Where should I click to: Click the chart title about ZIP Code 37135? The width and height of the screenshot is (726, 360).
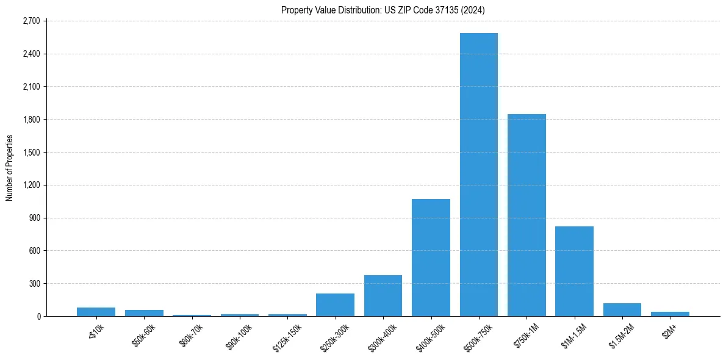tap(383, 10)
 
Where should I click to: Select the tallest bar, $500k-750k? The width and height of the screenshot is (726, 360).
tap(479, 175)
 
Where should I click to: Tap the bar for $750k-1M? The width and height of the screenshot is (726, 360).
tap(527, 215)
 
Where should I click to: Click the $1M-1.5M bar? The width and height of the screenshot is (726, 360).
tap(574, 271)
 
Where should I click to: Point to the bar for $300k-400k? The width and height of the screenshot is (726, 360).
tap(383, 296)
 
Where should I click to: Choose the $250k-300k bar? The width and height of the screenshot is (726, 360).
tap(335, 305)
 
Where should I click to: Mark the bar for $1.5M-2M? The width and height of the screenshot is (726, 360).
tap(622, 310)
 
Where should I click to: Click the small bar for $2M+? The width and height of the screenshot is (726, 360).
tap(670, 314)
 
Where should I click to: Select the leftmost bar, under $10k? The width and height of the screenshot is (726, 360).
tap(96, 312)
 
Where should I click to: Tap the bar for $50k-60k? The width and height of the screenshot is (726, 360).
tap(144, 313)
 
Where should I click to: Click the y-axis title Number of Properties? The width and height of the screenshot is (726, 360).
tap(10, 168)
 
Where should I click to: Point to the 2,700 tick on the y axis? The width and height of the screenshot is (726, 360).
tap(31, 21)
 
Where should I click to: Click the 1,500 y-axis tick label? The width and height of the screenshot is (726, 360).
tap(31, 153)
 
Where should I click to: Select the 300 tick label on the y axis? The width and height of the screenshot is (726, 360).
tap(34, 284)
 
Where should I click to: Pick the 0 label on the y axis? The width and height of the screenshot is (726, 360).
tap(38, 317)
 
